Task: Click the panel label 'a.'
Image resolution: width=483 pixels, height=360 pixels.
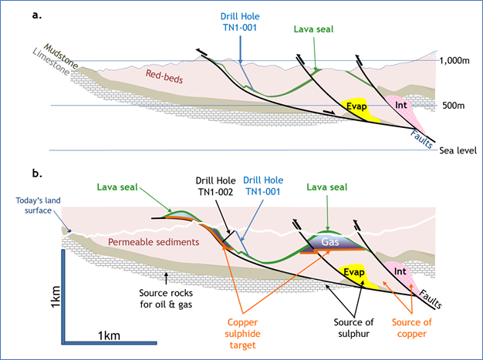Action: [37, 15]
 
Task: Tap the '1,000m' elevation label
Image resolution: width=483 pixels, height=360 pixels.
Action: [454, 61]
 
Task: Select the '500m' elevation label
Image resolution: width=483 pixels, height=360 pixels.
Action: [453, 106]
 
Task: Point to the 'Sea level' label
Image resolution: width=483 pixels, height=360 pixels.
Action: [458, 150]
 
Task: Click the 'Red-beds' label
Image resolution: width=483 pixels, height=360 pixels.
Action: [164, 76]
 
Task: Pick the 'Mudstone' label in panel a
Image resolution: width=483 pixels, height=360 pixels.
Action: [61, 56]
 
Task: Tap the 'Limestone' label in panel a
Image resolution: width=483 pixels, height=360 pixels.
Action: [51, 62]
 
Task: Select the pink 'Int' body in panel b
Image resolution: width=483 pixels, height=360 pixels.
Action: [404, 273]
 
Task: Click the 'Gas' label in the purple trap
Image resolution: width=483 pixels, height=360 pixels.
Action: [330, 242]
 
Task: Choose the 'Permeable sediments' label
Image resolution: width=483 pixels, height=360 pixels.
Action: [154, 242]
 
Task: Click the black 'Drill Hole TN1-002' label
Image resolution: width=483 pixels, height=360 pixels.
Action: [215, 186]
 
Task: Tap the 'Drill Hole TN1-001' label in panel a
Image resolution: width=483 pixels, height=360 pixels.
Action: [240, 22]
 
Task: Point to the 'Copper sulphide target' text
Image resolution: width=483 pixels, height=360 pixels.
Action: [242, 334]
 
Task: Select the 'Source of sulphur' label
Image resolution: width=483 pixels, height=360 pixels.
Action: [353, 328]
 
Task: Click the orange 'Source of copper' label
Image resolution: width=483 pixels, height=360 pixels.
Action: [411, 328]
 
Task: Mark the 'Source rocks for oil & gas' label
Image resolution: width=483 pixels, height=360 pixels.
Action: [166, 298]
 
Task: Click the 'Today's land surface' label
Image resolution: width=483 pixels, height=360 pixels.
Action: [38, 206]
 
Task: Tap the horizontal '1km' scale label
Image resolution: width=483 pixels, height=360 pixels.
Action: [109, 335]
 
